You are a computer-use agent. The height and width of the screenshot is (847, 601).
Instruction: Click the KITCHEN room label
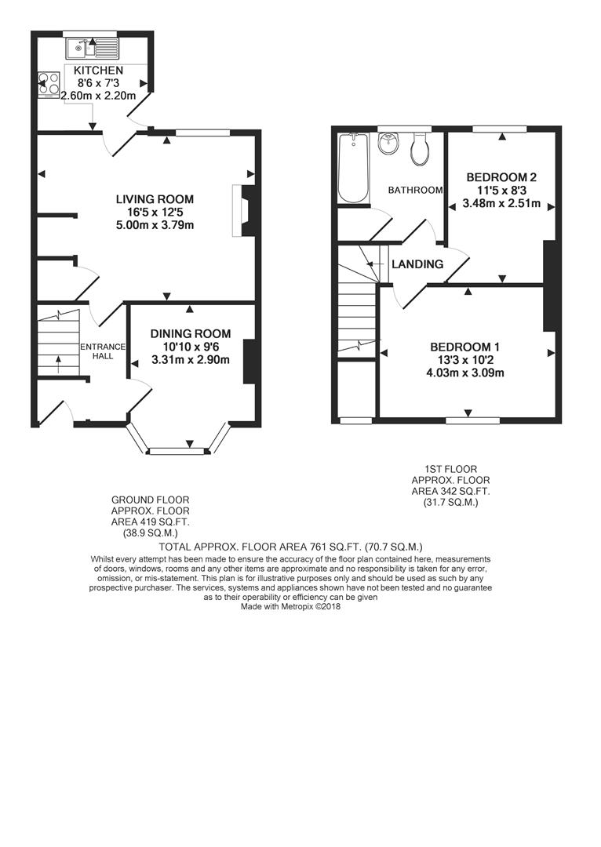98,71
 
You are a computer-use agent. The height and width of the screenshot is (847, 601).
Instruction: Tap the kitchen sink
92,48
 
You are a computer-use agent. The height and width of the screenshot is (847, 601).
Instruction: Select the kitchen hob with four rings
49,85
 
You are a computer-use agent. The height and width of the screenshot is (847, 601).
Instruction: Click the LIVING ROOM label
155,199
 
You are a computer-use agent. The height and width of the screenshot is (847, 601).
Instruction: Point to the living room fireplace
242,211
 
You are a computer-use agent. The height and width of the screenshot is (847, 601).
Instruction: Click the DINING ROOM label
190,334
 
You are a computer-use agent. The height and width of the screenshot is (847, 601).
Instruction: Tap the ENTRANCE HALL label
103,351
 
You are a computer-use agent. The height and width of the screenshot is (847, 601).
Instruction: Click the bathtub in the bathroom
353,168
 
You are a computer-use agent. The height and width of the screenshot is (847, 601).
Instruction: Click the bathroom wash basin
388,144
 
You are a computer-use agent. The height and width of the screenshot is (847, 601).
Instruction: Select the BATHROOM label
416,190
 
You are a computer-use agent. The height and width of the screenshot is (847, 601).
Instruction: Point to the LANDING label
417,264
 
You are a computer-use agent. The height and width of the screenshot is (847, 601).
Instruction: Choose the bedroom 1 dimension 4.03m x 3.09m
465,373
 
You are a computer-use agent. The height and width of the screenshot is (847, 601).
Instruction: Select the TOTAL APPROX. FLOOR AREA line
291,547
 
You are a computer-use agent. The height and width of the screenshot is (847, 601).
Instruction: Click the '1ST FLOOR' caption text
450,470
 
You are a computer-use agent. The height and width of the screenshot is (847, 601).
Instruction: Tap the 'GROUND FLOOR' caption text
151,500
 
